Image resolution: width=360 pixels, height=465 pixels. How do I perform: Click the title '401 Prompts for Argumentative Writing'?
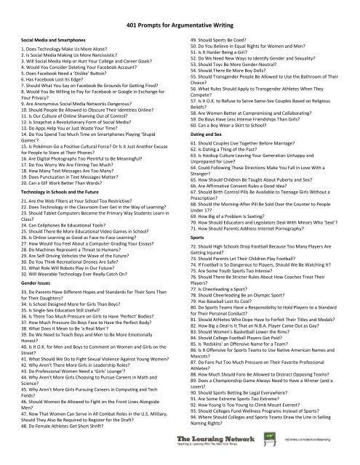180,23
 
